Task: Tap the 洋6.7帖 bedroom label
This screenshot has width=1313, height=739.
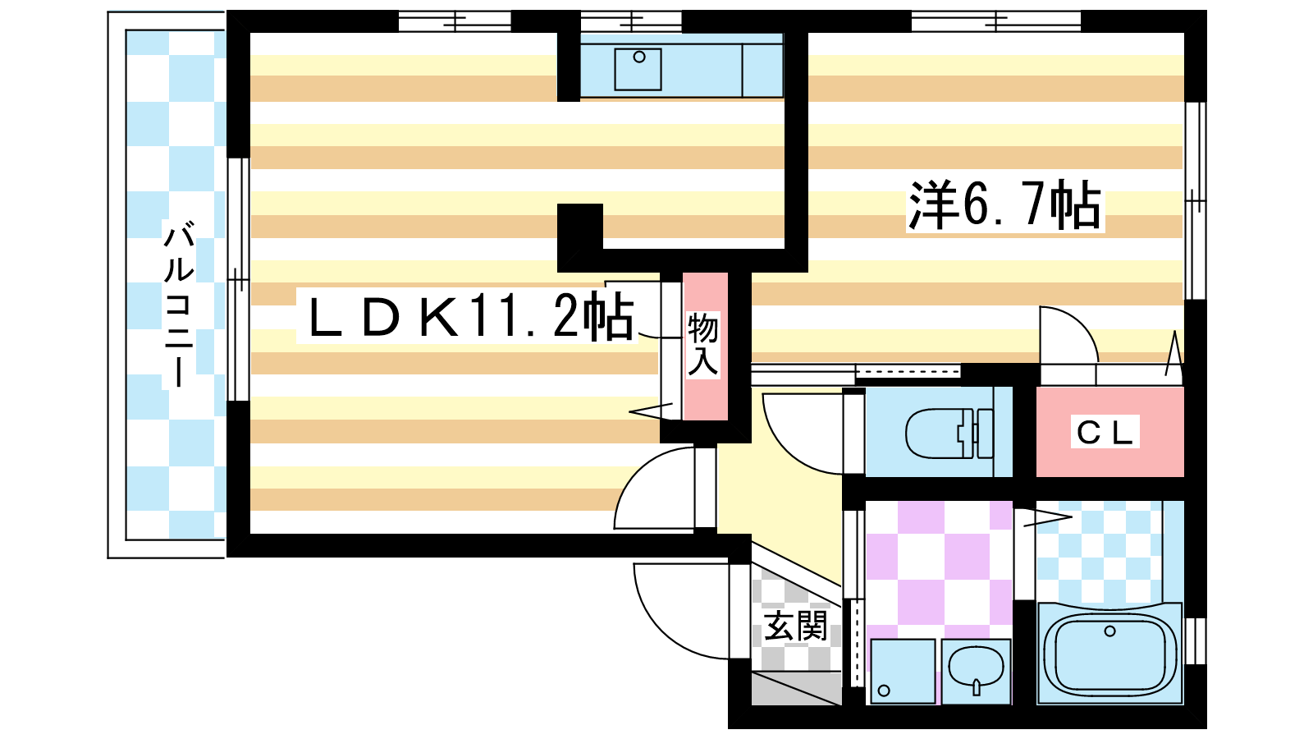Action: pos(1004,205)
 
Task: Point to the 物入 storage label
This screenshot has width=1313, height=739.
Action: pos(702,344)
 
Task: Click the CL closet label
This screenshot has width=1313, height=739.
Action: pos(1105,434)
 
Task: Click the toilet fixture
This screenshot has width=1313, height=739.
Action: pos(949,434)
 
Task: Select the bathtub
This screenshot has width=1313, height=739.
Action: pos(1109,654)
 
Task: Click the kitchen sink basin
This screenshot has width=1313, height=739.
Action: pos(638,69)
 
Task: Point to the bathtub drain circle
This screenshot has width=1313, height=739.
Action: pos(1109,631)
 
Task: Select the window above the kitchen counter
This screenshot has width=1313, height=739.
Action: pos(631,21)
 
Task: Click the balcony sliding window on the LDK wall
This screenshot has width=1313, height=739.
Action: pos(238,279)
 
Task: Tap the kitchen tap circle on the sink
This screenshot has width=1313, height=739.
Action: pos(639,57)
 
